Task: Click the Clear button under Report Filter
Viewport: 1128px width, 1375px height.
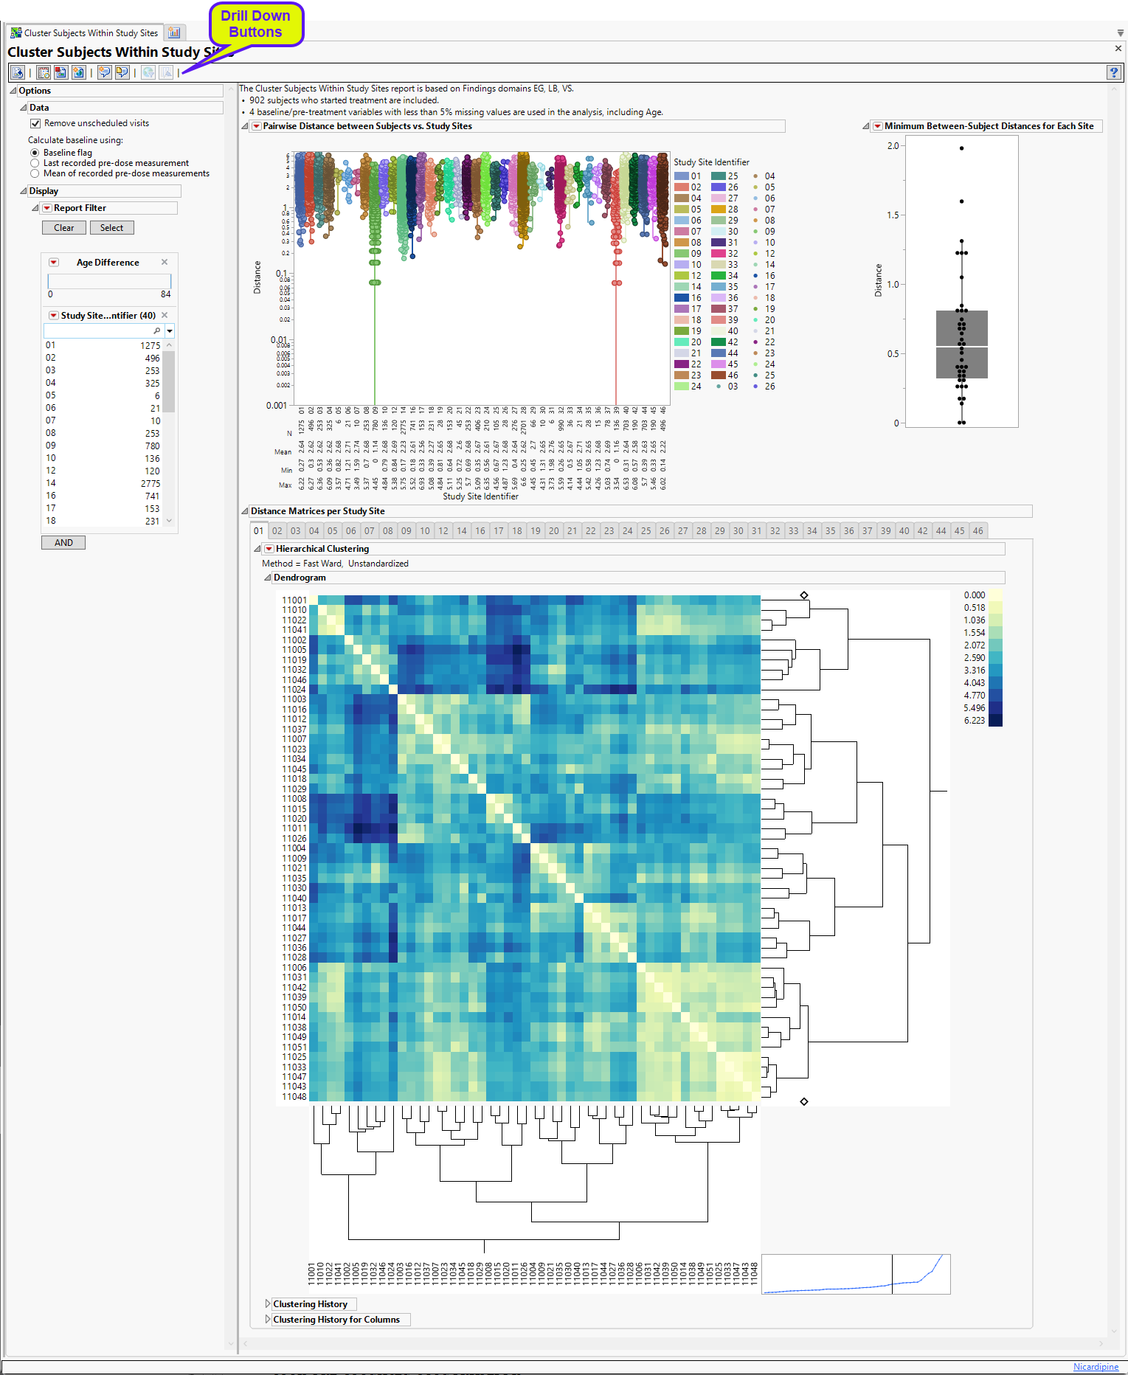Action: [63, 228]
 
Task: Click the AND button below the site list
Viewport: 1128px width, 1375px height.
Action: [63, 543]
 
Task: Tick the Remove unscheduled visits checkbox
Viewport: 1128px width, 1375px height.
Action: [35, 123]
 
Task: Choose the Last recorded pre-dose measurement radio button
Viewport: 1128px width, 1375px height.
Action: [35, 163]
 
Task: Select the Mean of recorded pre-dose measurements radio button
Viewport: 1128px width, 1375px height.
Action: [35, 173]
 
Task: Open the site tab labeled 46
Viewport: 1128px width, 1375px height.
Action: [978, 530]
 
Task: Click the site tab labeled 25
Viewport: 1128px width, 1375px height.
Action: [646, 530]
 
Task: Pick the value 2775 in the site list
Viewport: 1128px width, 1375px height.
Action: [150, 484]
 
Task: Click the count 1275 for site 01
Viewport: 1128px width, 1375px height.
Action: [150, 345]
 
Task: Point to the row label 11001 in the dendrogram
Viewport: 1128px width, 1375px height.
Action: [294, 600]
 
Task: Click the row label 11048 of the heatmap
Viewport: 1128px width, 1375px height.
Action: [294, 1097]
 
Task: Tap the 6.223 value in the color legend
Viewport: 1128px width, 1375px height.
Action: [974, 721]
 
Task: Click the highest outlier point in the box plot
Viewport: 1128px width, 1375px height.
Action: [961, 148]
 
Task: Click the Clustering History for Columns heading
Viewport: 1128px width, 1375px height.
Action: [336, 1320]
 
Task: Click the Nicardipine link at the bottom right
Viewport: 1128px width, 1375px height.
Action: [1096, 1367]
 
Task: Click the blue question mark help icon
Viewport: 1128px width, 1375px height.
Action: [1113, 72]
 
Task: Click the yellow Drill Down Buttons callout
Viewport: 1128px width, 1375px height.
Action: [255, 24]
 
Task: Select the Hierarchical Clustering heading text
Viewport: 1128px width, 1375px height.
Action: [322, 549]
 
